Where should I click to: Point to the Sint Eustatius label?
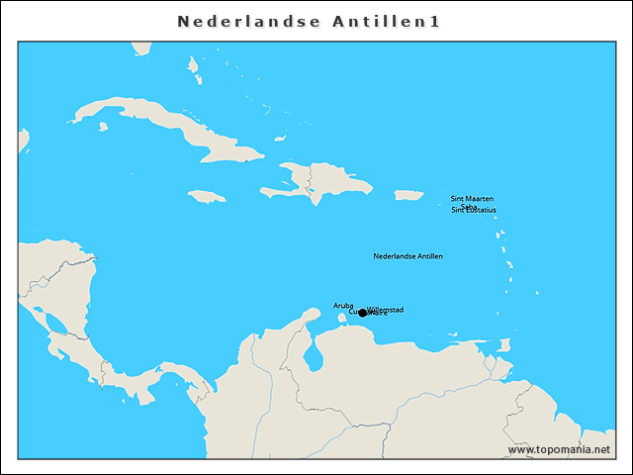coord(474,210)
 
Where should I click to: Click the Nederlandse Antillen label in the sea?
coord(407,256)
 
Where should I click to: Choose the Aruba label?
coord(343,305)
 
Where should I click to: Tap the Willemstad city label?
coord(385,310)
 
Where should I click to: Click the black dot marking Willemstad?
coord(363,313)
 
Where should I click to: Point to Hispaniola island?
coord(326,182)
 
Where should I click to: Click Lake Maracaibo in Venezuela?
coord(314,353)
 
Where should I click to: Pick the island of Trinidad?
coord(504,345)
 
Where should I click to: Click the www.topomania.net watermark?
coord(559,449)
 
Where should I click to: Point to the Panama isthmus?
coord(148,381)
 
